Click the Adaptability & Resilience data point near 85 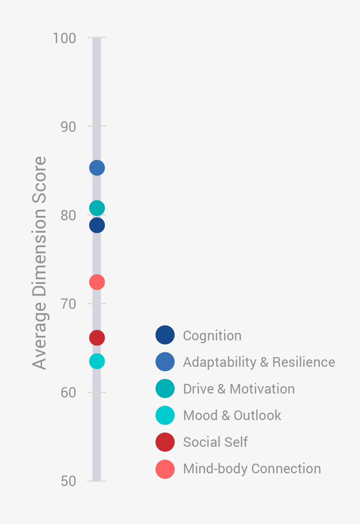coord(97,168)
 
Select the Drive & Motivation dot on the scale coord(97,208)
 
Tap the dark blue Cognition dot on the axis coord(97,225)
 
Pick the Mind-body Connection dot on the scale coord(97,282)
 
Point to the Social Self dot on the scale coord(97,338)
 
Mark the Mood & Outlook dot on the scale coord(97,361)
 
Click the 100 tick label coord(65,38)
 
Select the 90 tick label coord(68,127)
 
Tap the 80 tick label coord(68,216)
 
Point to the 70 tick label coord(68,304)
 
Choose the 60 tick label coord(68,393)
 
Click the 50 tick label coord(68,481)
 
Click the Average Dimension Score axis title coord(39,263)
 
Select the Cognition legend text coord(212,335)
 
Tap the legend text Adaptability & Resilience coord(259,362)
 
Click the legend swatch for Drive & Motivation coord(165,388)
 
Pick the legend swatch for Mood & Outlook coord(165,415)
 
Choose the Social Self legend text coord(215,442)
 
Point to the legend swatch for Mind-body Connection coord(165,469)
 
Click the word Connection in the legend coord(286,469)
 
